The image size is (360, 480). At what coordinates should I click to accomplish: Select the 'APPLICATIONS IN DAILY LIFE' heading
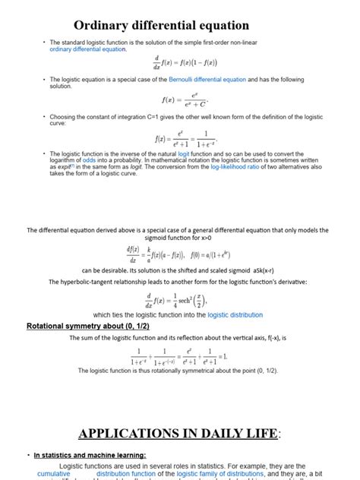point(178,434)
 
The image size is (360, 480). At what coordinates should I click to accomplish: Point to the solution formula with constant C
point(185,99)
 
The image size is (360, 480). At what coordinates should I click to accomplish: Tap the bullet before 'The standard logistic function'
point(44,43)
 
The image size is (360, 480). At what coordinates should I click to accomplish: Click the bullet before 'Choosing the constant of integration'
point(44,116)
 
